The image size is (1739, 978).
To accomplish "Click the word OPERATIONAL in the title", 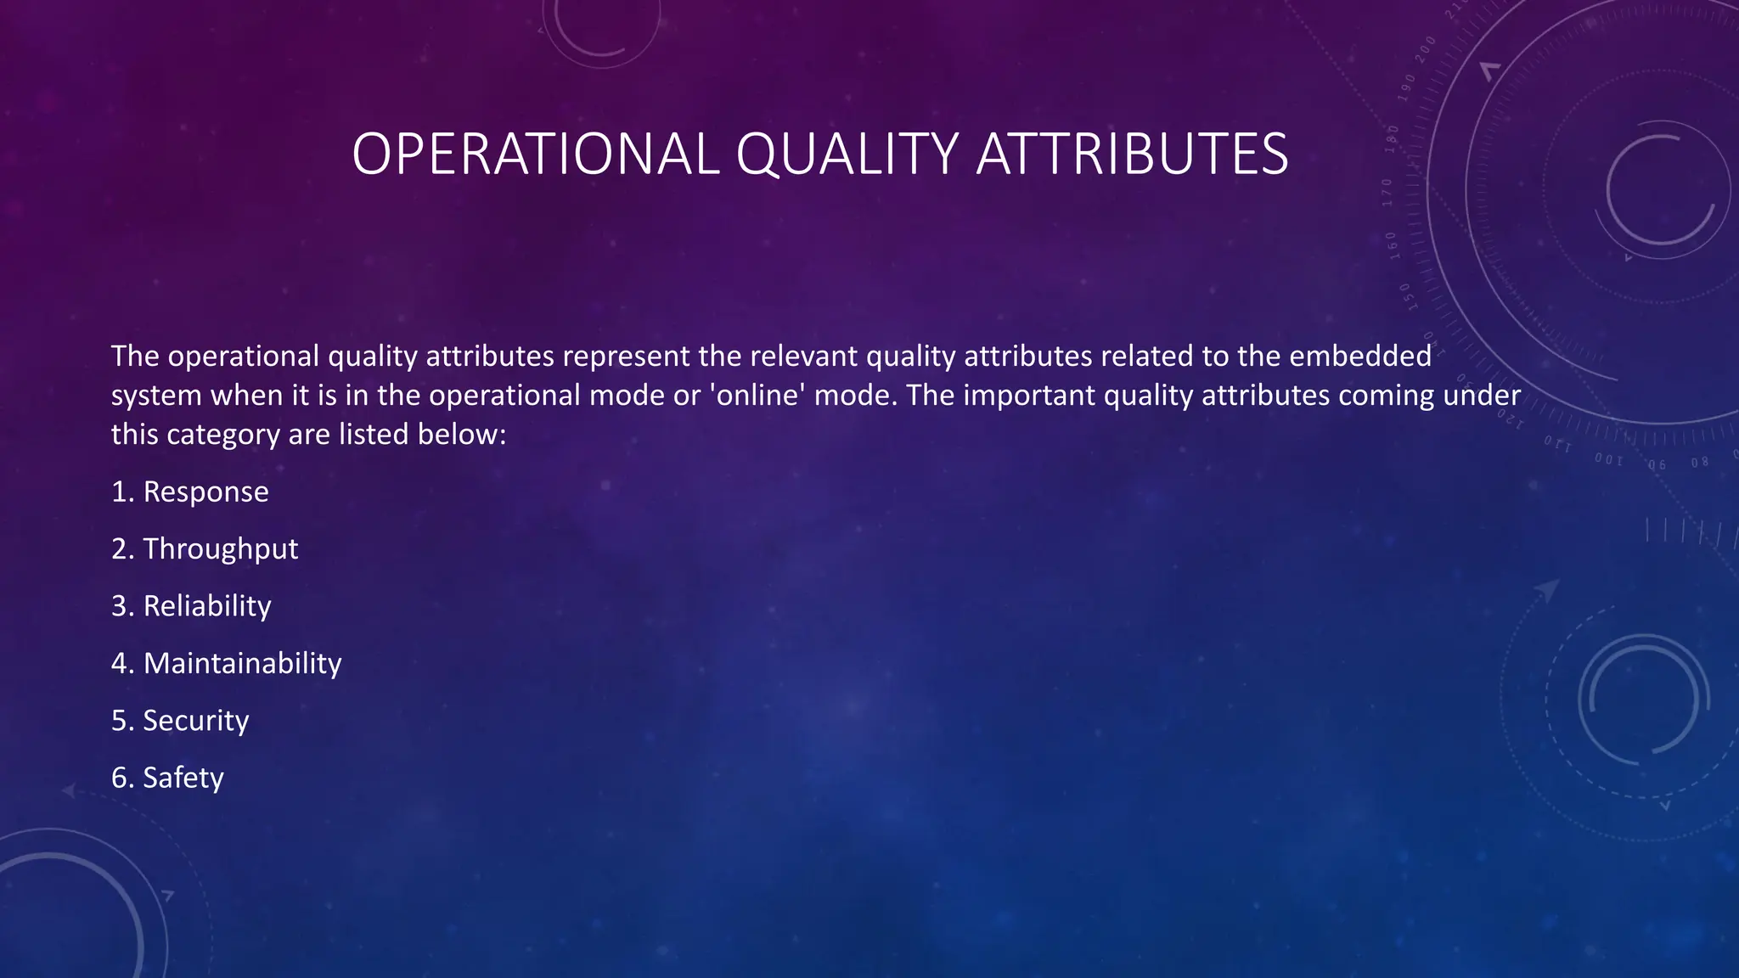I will [536, 155].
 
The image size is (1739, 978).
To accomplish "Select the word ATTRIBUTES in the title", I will [1132, 155].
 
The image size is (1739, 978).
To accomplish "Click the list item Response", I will [205, 492].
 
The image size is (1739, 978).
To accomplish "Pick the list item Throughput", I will [220, 549].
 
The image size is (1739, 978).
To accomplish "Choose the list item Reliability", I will [207, 606].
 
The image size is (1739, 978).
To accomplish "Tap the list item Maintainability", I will [242, 663].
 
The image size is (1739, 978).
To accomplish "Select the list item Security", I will [195, 721].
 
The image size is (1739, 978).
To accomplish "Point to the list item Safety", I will [183, 778].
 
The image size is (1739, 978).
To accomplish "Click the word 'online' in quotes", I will [757, 396].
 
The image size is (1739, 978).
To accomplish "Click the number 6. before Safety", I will [122, 778].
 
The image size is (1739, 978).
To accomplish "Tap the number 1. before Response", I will [122, 492].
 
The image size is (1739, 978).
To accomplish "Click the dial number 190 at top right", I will [1408, 87].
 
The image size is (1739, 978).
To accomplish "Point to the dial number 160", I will [1392, 245].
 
